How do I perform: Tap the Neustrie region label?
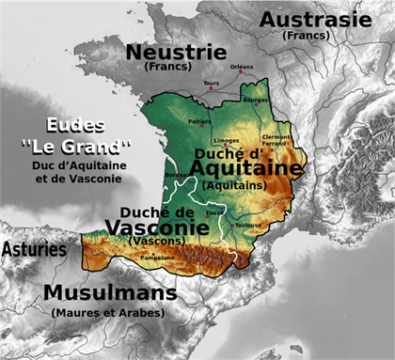click(x=176, y=51)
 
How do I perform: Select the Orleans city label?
click(x=242, y=67)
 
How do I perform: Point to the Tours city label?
click(x=211, y=84)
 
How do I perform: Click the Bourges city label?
click(x=256, y=99)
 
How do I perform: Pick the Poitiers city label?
click(x=199, y=121)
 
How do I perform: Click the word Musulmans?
click(x=109, y=293)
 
